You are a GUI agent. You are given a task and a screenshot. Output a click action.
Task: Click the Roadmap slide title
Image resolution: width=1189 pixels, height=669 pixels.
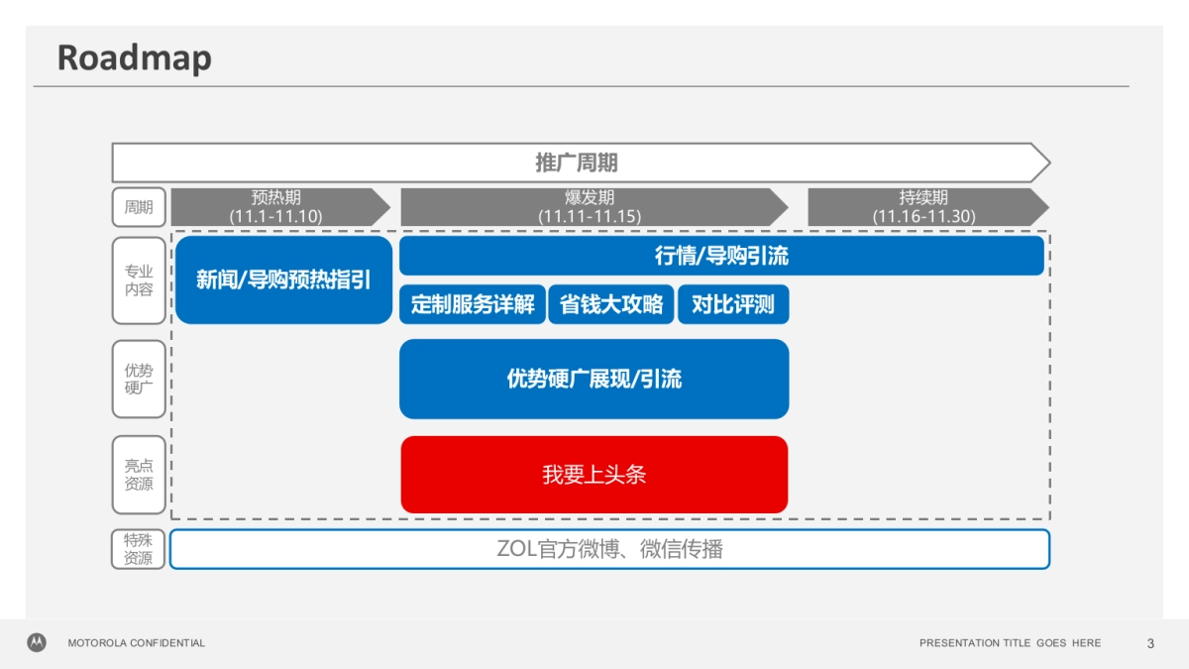[134, 57]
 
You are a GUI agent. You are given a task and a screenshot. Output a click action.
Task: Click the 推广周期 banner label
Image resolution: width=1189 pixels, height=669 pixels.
[577, 163]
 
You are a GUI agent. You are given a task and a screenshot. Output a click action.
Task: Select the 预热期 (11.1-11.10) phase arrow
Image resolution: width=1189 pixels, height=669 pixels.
[277, 206]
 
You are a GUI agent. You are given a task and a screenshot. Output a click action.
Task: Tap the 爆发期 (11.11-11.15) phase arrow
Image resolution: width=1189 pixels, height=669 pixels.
[591, 206]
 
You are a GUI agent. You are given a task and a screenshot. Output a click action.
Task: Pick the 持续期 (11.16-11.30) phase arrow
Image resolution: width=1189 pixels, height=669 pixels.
[924, 206]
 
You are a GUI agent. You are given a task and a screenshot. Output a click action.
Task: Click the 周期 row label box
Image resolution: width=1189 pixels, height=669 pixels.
[139, 207]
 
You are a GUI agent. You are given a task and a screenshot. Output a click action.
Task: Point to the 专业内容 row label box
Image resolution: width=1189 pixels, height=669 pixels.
[139, 280]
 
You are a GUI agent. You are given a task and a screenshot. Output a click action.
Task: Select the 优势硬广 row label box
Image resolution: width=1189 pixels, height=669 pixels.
[139, 379]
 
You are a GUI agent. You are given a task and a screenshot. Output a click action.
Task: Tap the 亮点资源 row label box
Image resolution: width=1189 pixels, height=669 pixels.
[139, 475]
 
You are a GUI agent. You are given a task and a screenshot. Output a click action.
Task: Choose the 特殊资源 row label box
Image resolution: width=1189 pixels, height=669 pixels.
[139, 549]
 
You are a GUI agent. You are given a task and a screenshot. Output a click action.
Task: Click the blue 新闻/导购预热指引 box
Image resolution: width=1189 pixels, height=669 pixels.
[283, 279]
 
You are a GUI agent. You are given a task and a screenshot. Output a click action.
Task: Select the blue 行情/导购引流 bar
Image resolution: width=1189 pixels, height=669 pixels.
[721, 256]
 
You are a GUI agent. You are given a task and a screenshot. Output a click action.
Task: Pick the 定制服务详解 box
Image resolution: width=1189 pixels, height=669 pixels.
[473, 304]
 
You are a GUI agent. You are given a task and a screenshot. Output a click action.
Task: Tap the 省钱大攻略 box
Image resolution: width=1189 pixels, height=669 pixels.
[611, 304]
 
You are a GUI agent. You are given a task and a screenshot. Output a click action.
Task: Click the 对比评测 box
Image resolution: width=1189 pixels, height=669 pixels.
[733, 304]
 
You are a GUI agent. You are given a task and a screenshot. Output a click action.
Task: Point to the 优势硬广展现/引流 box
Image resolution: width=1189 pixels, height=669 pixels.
[594, 379]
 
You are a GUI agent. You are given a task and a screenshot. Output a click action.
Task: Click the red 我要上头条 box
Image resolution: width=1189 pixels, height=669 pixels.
[594, 475]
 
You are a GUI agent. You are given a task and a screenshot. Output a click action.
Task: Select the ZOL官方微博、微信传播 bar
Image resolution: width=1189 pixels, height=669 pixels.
[609, 549]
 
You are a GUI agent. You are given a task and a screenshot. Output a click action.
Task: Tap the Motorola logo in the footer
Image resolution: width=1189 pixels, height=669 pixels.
[37, 642]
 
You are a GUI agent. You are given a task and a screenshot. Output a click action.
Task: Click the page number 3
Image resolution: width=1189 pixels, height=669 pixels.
[1150, 643]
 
